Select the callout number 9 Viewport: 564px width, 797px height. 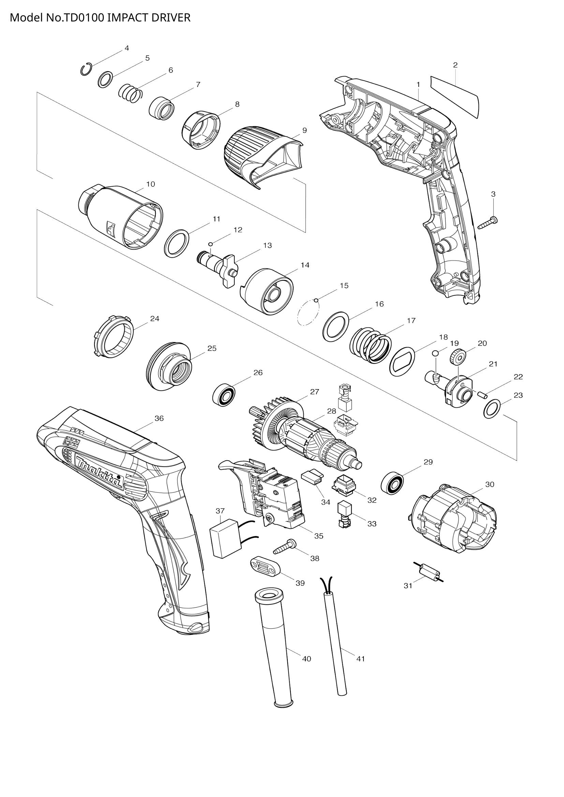click(304, 131)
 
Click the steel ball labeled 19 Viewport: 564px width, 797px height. click(435, 353)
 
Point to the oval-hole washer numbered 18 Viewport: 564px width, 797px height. click(403, 361)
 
